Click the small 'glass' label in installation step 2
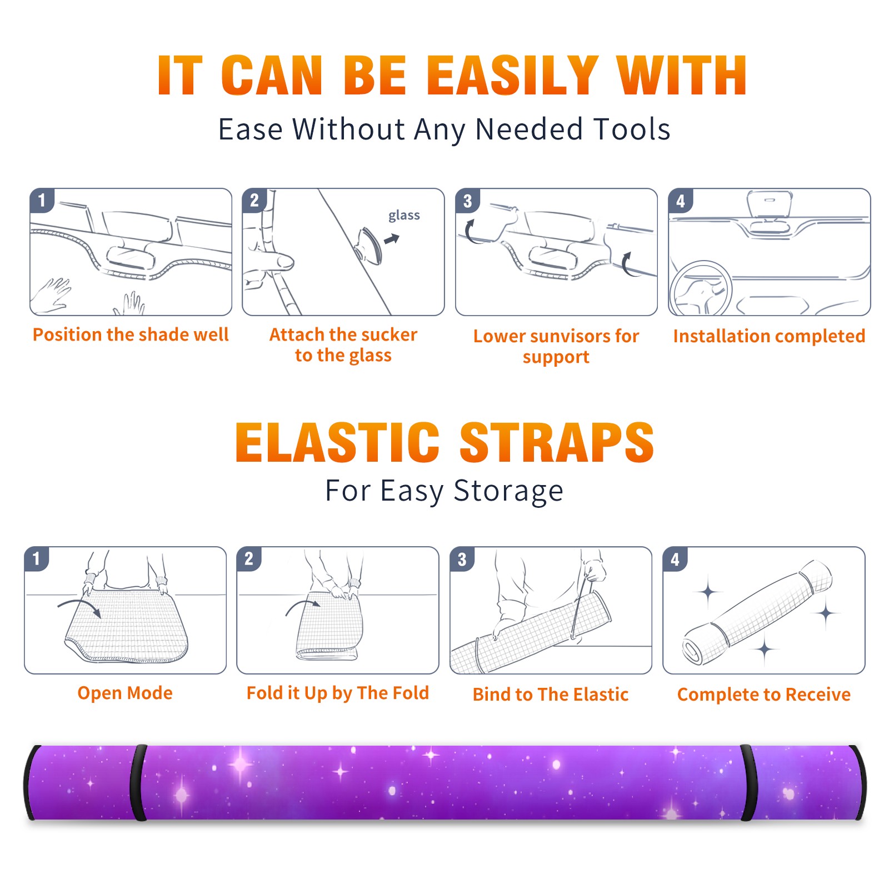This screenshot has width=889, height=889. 404,216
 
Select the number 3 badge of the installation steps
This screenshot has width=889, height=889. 467,201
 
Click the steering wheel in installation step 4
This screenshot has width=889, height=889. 701,289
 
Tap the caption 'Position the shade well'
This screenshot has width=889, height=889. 131,334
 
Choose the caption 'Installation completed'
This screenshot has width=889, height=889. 769,336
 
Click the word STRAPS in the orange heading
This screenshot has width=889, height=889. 557,442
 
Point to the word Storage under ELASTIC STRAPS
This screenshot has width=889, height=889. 508,491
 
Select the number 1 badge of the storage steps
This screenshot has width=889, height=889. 37,558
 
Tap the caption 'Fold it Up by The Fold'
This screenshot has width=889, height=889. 338,693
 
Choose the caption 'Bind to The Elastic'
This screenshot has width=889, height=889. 551,695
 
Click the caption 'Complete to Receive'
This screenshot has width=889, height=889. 764,695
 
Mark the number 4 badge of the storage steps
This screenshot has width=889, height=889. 675,559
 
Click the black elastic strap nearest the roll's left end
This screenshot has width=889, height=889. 138,782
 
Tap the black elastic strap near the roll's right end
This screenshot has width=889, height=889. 747,782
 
